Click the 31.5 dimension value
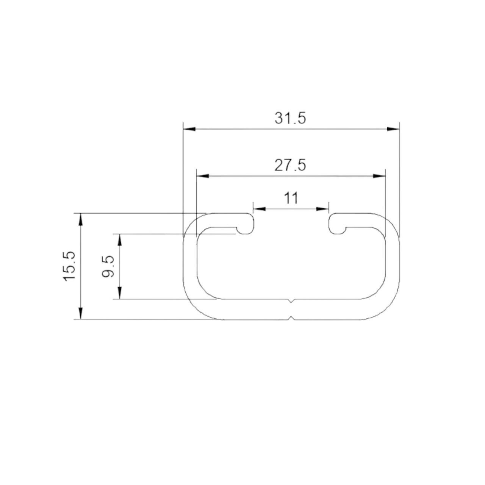coord(290,118)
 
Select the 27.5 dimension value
coord(290,166)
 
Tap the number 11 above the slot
coord(291,198)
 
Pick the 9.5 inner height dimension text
coord(108,266)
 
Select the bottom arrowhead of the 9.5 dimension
coord(120,293)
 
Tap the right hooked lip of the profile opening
coord(336,224)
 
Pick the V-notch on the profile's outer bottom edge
coord(291,318)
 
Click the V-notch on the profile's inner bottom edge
coord(291,301)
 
